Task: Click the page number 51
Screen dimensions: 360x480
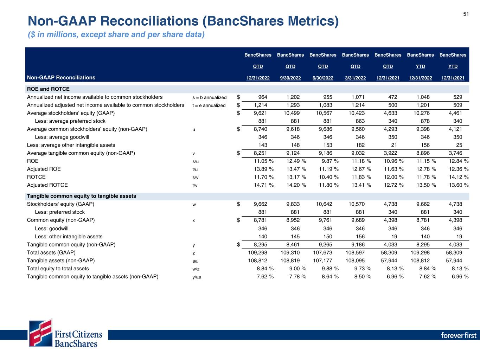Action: (466, 14)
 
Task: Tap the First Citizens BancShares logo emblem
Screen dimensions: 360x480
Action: (41, 333)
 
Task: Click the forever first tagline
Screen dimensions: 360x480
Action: (459, 335)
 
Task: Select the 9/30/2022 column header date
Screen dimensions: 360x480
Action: (290, 78)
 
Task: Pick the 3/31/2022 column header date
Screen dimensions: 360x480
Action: (355, 78)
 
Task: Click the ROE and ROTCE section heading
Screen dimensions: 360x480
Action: (48, 89)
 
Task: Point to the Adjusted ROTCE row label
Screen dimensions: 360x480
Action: (47, 185)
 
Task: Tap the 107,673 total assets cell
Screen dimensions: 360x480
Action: (322, 252)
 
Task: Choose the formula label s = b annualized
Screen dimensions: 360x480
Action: (210, 97)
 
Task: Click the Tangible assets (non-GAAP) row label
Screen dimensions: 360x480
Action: (61, 261)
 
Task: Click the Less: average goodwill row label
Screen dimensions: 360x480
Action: (62, 137)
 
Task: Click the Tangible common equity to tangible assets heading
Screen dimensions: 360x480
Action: (82, 196)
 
